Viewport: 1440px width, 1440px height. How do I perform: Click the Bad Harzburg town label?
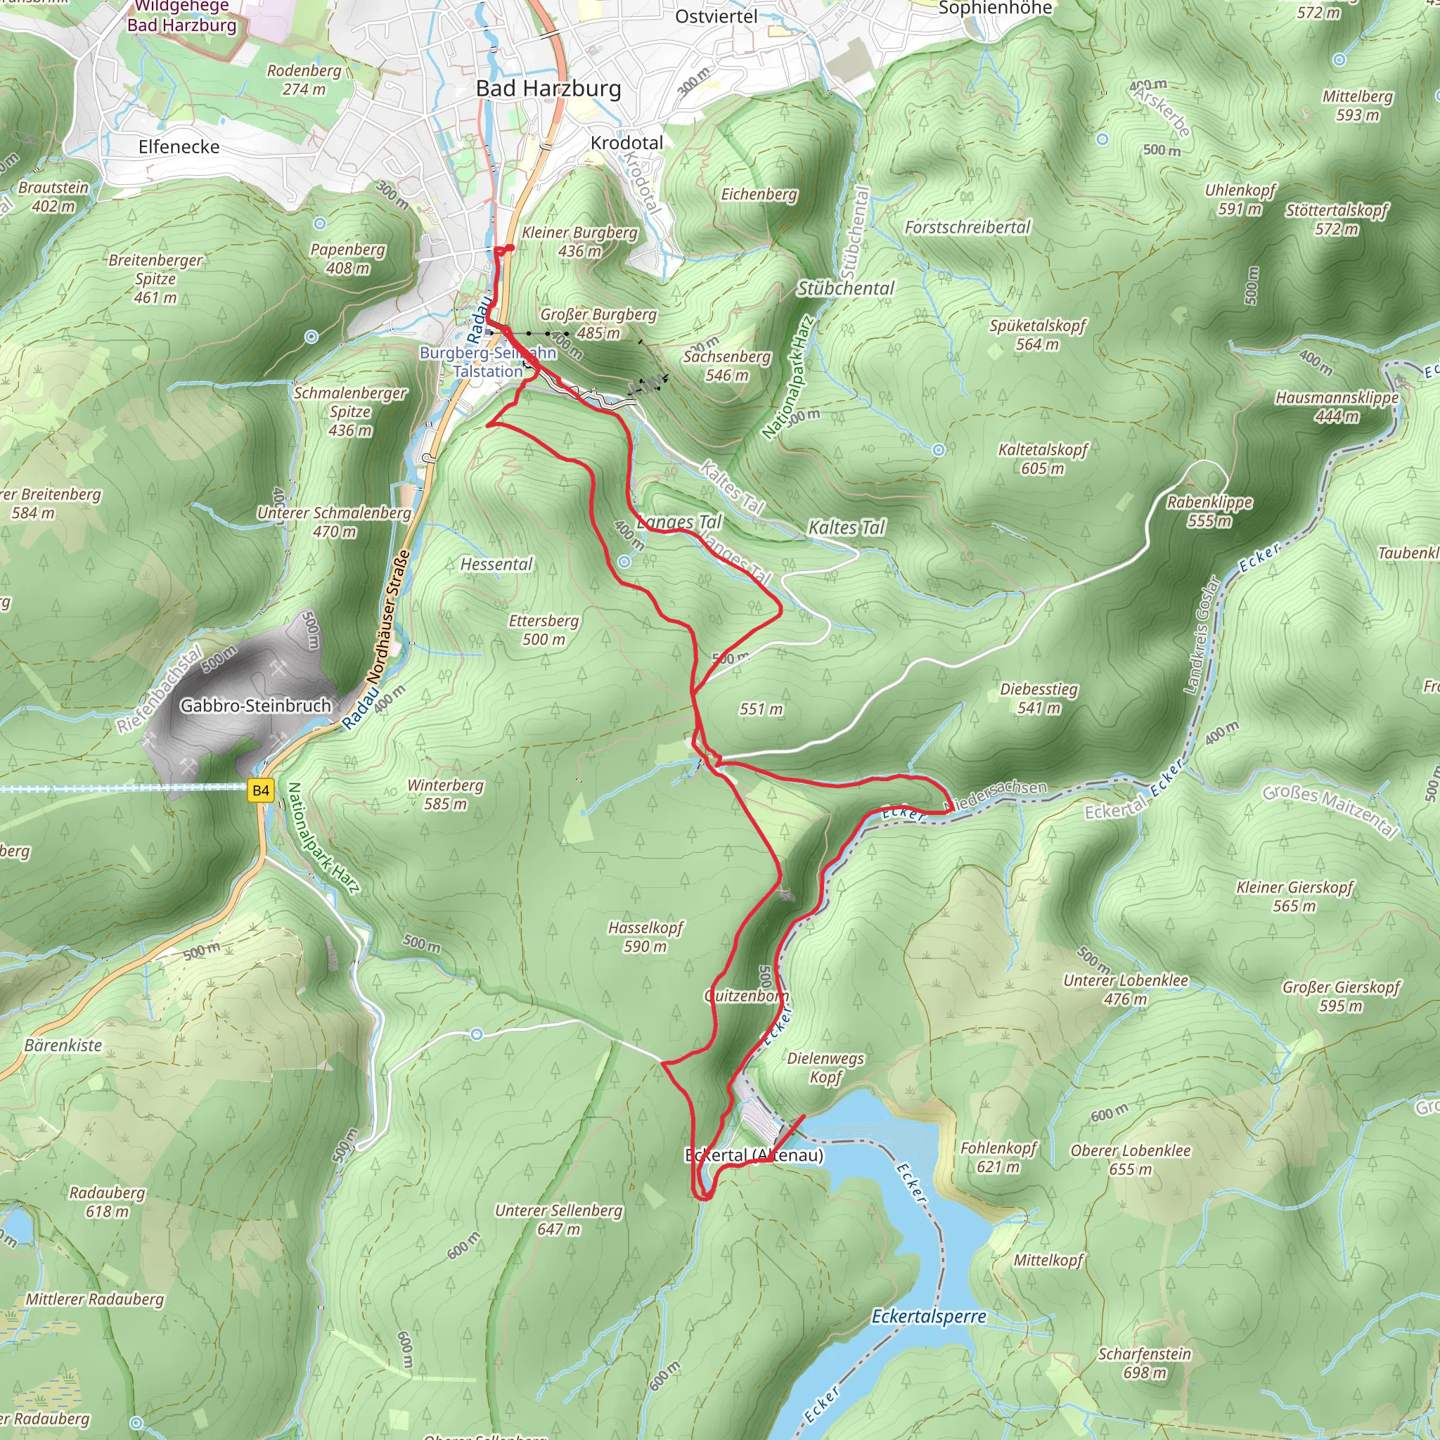548,89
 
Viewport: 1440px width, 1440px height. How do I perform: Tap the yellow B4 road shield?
260,791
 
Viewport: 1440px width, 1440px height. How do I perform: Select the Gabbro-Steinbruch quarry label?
255,705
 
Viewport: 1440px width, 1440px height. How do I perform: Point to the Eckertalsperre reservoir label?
928,1317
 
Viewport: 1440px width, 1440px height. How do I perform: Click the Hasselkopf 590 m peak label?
645,937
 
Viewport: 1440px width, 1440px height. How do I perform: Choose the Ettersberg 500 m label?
544,630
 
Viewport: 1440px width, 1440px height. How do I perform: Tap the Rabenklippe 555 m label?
1209,511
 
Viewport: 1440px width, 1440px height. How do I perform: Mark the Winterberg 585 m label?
445,795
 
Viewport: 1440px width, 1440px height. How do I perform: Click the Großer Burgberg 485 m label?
598,323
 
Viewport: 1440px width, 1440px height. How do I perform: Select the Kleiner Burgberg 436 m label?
579,241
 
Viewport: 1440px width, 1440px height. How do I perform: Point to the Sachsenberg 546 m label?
727,365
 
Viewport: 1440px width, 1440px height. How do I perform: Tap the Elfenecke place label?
179,147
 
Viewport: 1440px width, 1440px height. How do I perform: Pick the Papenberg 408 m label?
347,259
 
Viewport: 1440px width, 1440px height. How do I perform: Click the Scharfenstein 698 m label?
1144,1363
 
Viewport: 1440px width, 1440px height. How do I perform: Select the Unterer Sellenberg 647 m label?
558,1219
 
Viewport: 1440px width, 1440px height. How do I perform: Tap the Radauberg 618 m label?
107,1202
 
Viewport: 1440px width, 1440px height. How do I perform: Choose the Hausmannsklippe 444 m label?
1337,407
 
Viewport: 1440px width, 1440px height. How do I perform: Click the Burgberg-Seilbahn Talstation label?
487,361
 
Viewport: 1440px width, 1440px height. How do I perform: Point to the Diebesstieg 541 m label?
1039,698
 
